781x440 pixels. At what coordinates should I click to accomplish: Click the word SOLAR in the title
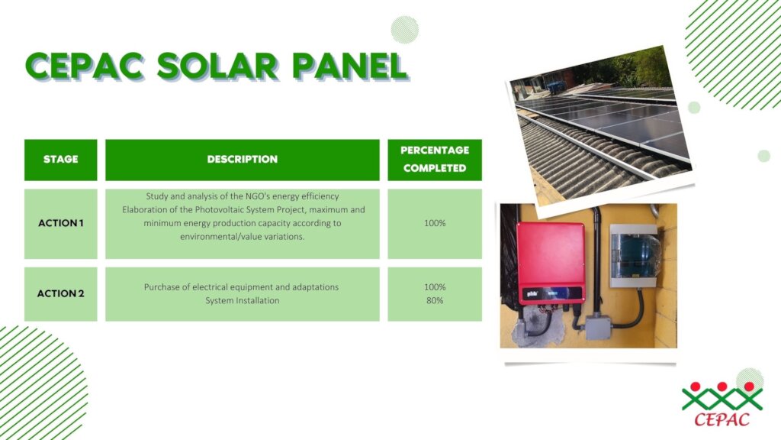[217, 66]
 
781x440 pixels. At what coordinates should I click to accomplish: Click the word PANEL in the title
[349, 66]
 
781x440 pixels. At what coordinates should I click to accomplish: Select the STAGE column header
[61, 160]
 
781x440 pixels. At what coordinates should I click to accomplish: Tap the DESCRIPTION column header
[243, 160]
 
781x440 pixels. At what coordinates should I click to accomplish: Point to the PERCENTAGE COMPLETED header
[435, 160]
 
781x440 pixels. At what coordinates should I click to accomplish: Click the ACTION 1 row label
[61, 223]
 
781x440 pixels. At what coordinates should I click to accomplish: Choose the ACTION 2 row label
[61, 293]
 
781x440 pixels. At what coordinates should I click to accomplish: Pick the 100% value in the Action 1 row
[435, 223]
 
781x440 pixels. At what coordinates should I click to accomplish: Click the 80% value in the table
[435, 300]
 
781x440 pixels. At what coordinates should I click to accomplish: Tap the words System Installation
[243, 300]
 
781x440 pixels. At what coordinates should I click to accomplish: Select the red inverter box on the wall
[551, 264]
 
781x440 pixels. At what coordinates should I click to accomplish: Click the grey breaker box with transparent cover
[634, 256]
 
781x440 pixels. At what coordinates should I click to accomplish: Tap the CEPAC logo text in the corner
[722, 419]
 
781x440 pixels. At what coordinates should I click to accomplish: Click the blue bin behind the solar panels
[556, 87]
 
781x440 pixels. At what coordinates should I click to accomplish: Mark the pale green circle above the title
[404, 30]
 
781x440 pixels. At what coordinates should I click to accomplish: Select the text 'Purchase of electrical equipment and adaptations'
[242, 287]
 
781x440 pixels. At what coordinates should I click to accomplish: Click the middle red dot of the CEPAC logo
[722, 387]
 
